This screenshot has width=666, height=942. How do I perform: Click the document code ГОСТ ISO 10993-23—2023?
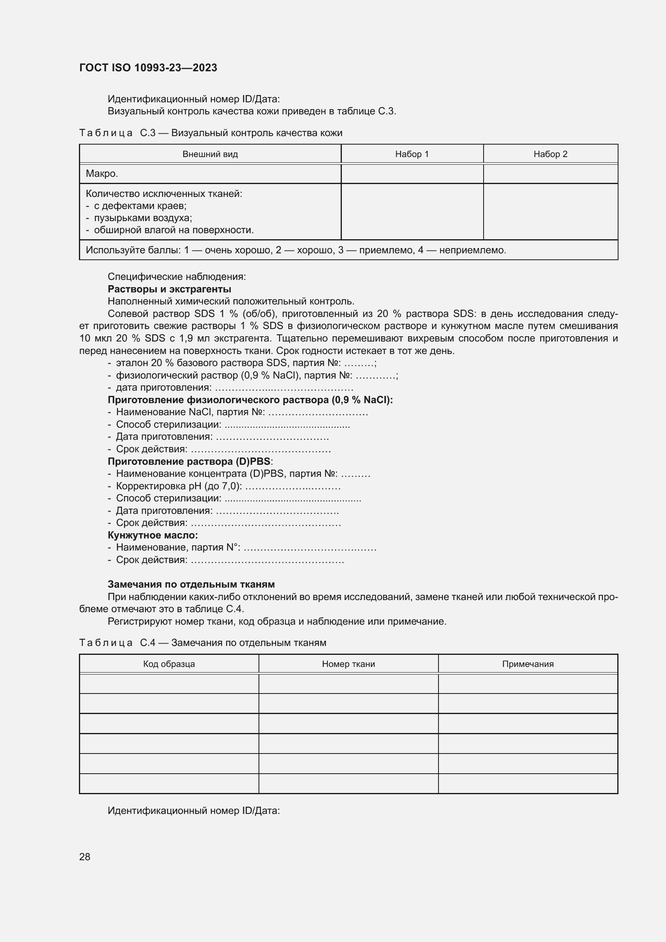pyautogui.click(x=148, y=68)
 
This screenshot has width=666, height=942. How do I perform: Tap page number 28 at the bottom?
pyautogui.click(x=85, y=857)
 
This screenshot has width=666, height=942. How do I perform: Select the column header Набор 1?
pyautogui.click(x=412, y=154)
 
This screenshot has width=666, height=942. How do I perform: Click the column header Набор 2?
pyautogui.click(x=550, y=154)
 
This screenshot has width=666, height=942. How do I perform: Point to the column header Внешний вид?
pyautogui.click(x=210, y=154)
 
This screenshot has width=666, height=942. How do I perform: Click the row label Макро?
pyautogui.click(x=102, y=174)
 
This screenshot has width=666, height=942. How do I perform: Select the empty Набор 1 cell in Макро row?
pyautogui.click(x=412, y=174)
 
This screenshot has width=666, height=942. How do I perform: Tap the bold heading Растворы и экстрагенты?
pyautogui.click(x=170, y=289)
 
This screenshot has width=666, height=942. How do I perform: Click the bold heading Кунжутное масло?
pyautogui.click(x=153, y=535)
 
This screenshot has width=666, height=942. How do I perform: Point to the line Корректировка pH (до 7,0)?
pyautogui.click(x=179, y=486)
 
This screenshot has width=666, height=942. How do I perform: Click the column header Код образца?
pyautogui.click(x=169, y=664)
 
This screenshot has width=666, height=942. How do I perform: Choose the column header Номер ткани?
pyautogui.click(x=348, y=664)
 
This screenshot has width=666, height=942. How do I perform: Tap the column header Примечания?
pyautogui.click(x=528, y=664)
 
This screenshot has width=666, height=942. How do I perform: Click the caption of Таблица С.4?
pyautogui.click(x=203, y=642)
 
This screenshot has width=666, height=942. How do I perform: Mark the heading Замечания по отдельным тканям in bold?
pyautogui.click(x=191, y=584)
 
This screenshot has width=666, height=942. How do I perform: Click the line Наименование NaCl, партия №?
pyautogui.click(x=190, y=412)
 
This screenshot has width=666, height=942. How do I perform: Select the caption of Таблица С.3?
pyautogui.click(x=210, y=133)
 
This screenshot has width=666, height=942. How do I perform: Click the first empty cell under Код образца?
pyautogui.click(x=169, y=683)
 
